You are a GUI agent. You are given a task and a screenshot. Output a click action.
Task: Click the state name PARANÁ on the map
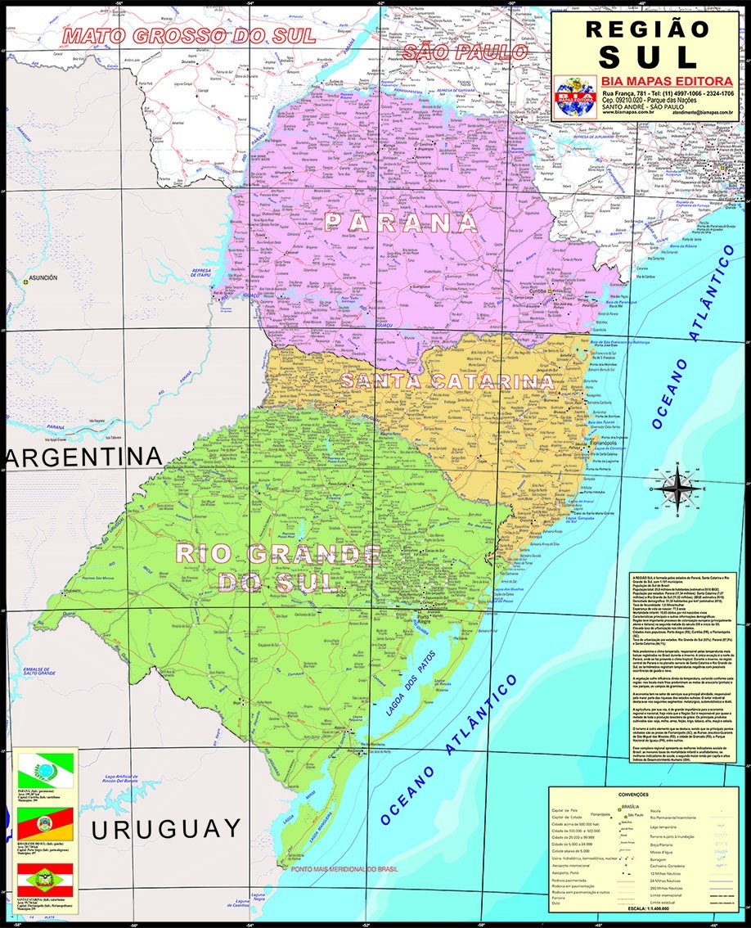coord(401,222)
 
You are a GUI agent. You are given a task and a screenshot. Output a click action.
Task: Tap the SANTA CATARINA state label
coord(447,381)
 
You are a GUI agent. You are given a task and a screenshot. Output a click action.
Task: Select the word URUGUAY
coord(166,828)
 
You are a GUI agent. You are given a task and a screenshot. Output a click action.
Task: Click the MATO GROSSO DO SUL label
coord(189,36)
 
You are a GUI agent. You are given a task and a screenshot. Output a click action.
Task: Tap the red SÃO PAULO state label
coord(465,52)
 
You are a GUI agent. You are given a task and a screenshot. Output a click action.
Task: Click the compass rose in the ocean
coord(677,489)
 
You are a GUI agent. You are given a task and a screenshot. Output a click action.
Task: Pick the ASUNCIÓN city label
coord(43,278)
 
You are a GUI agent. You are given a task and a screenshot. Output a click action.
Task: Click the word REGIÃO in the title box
coord(646,27)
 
